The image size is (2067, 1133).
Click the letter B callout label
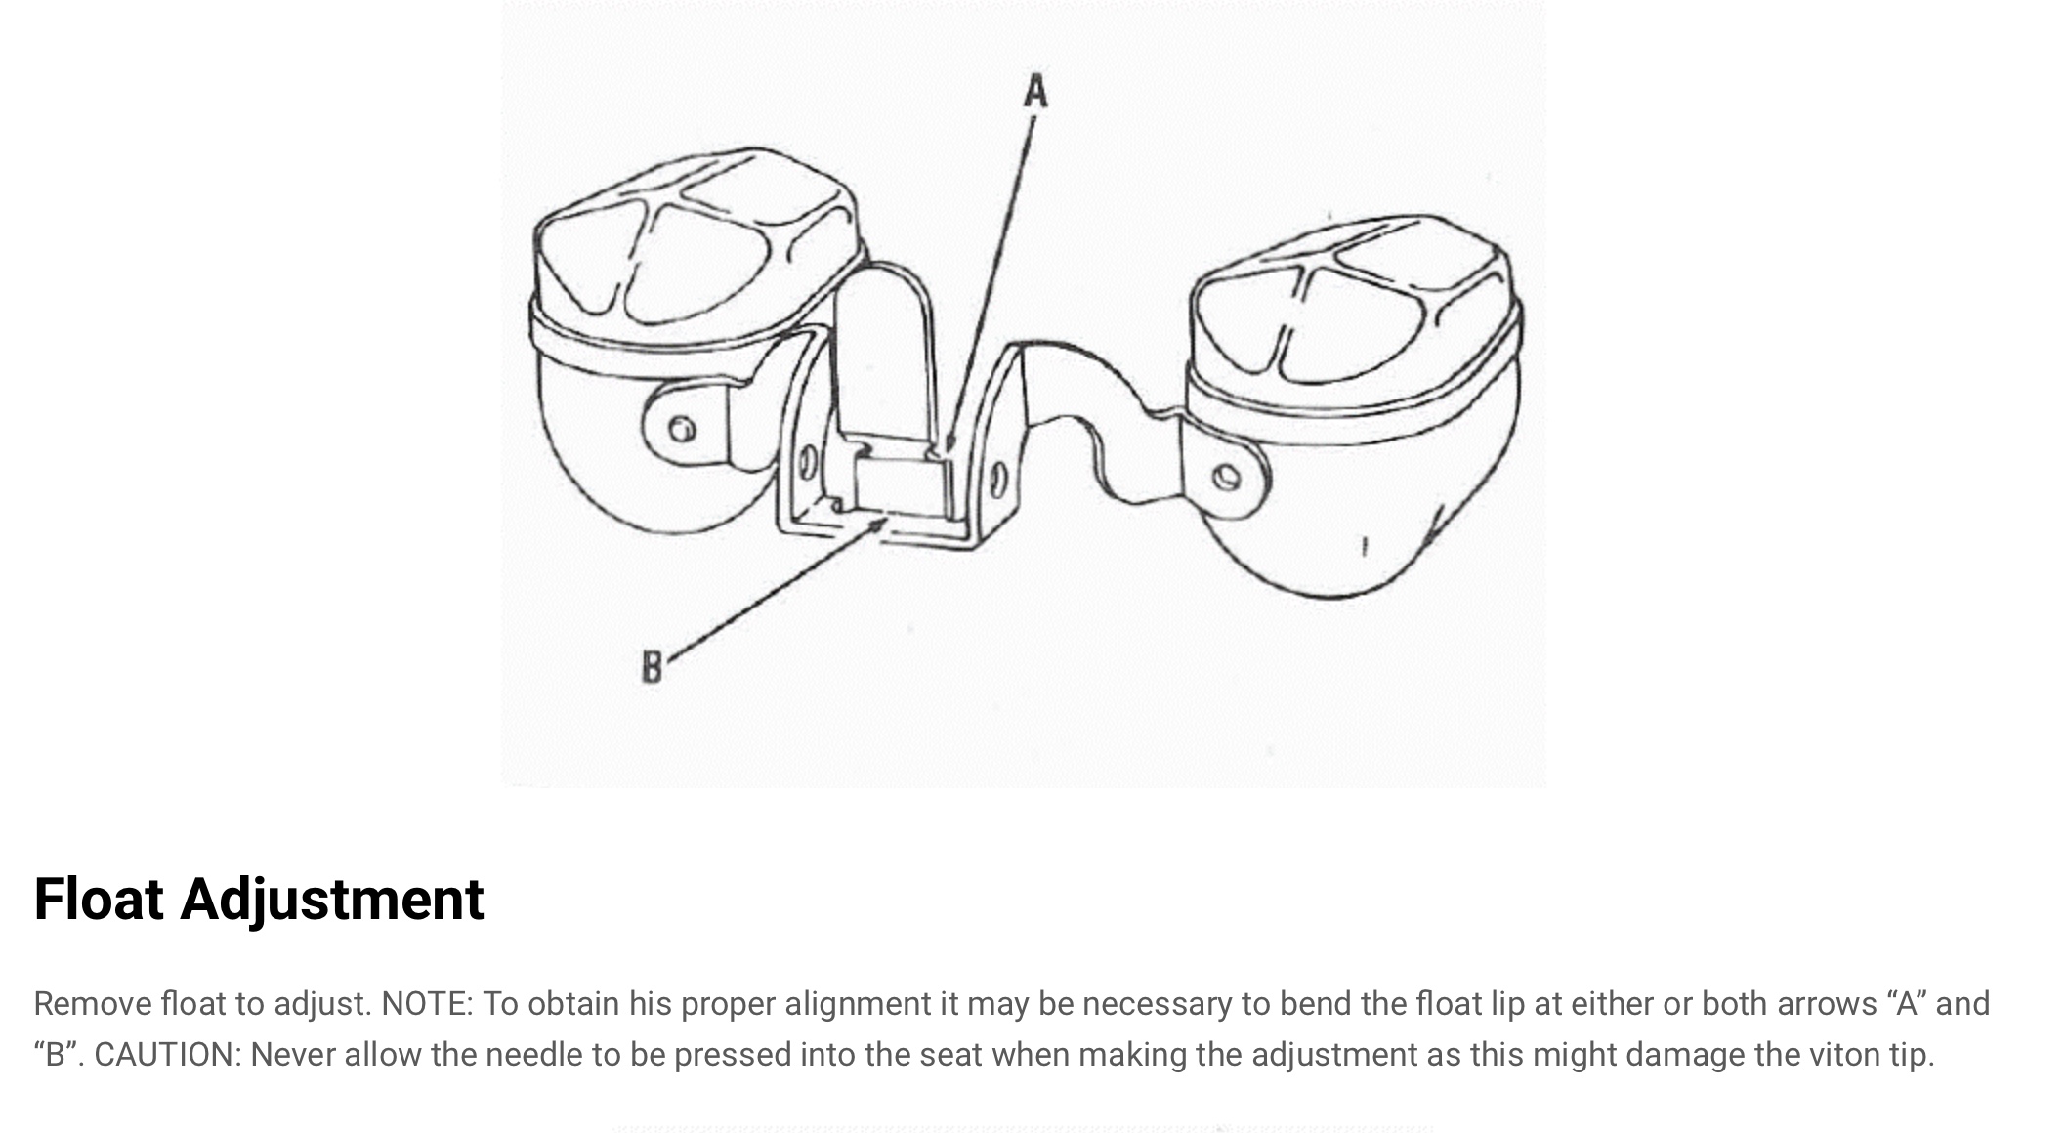tap(652, 667)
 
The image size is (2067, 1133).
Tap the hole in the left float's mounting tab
tap(683, 428)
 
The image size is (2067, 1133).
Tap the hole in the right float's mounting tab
tap(1227, 478)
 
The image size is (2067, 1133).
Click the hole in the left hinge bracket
tap(808, 462)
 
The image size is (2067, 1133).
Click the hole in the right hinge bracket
tap(998, 480)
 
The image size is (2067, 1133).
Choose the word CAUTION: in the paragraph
tap(167, 1055)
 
